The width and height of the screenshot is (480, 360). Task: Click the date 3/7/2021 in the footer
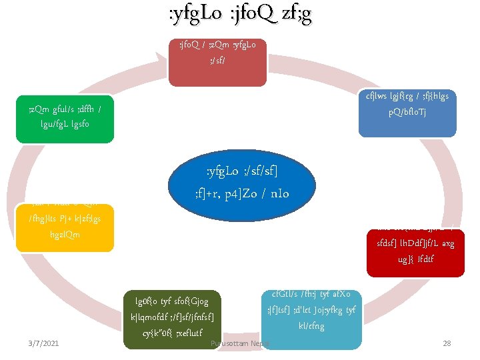pos(43,343)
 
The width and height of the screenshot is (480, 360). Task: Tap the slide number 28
pos(447,343)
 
